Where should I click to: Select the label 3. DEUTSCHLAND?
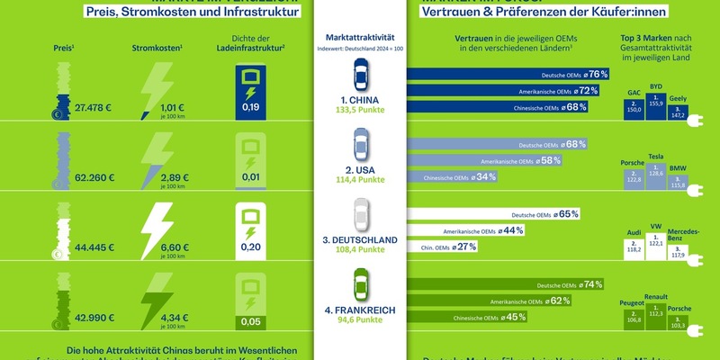(359, 238)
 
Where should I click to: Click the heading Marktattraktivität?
(359, 36)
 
